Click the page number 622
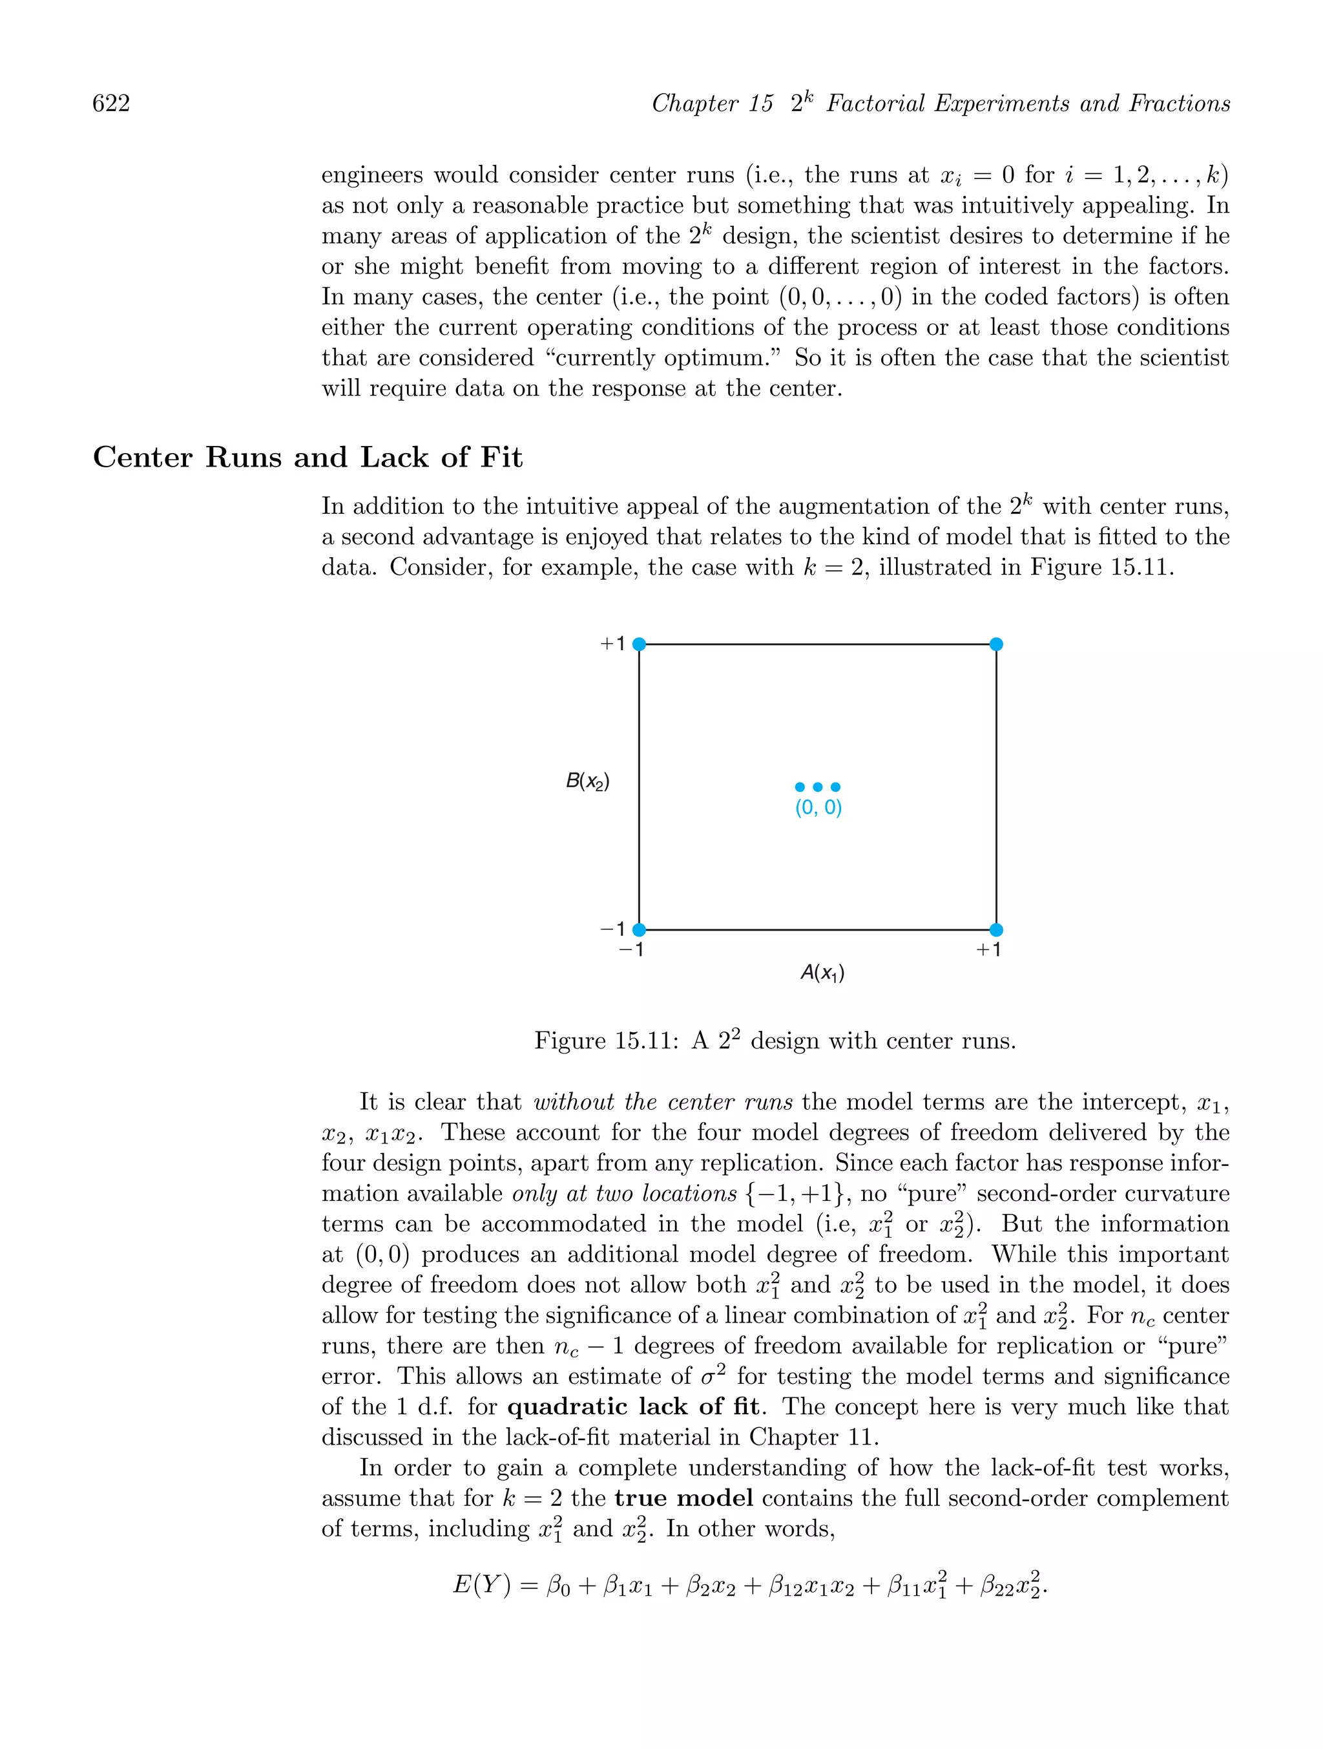[112, 103]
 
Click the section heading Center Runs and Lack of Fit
[307, 458]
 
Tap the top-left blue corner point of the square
[640, 644]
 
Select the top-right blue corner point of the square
[996, 644]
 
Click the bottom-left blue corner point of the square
[640, 930]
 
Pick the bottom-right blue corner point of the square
[996, 930]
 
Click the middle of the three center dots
[818, 787]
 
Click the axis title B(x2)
[587, 782]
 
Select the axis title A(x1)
[822, 973]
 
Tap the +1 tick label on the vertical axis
[612, 644]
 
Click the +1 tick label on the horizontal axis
[988, 949]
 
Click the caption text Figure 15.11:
[606, 1041]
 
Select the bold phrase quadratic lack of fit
[633, 1406]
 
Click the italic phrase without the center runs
[662, 1102]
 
